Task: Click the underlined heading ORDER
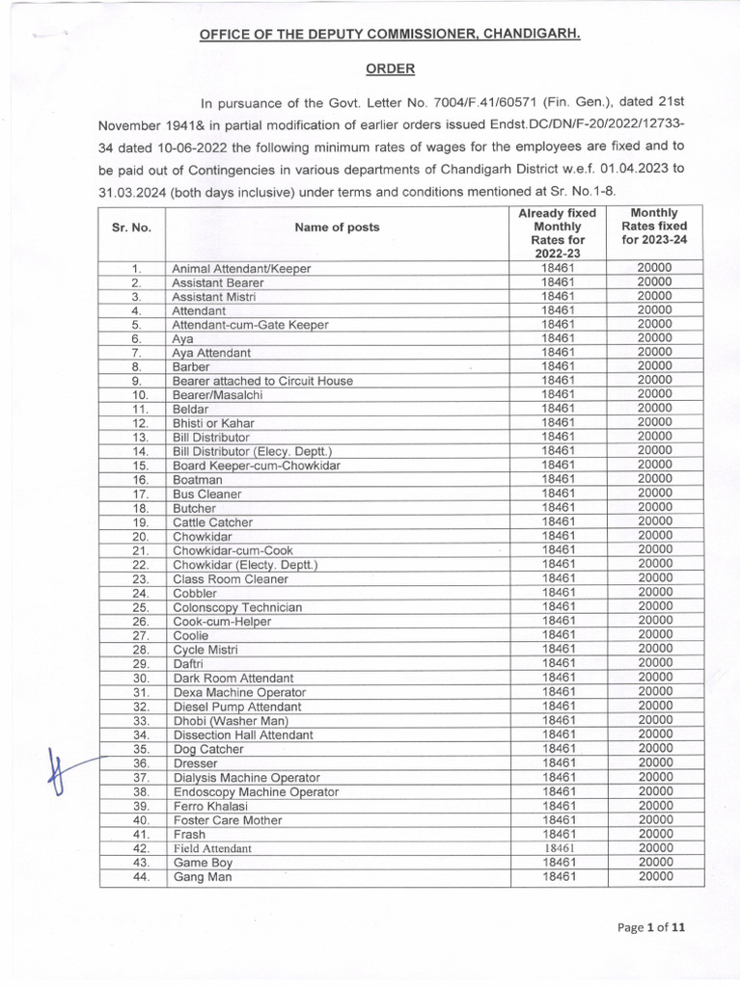(x=390, y=69)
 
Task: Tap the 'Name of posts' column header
(x=337, y=227)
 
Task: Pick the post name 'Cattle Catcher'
(x=212, y=522)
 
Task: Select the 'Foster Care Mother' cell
(x=228, y=820)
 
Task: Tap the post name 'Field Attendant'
(x=212, y=849)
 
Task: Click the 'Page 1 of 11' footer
(x=652, y=927)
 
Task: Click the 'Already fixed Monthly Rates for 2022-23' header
(x=558, y=232)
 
